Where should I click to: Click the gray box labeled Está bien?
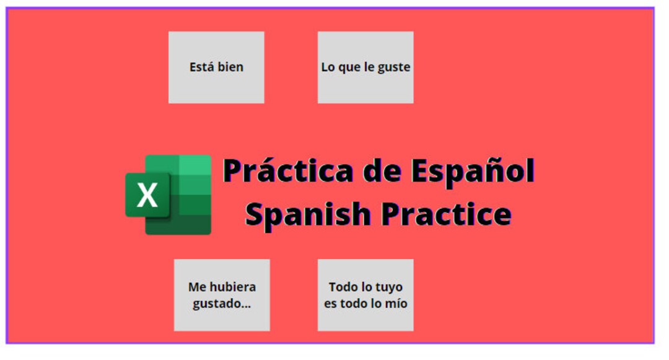(216, 67)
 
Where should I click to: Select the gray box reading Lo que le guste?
(365, 67)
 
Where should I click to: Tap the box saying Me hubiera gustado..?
(222, 295)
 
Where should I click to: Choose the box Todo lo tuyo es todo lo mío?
(365, 295)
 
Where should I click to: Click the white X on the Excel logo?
(147, 195)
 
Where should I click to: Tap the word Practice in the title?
(446, 214)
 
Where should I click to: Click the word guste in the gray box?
(395, 67)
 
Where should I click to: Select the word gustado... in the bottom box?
(222, 304)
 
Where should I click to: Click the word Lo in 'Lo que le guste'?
(328, 67)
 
